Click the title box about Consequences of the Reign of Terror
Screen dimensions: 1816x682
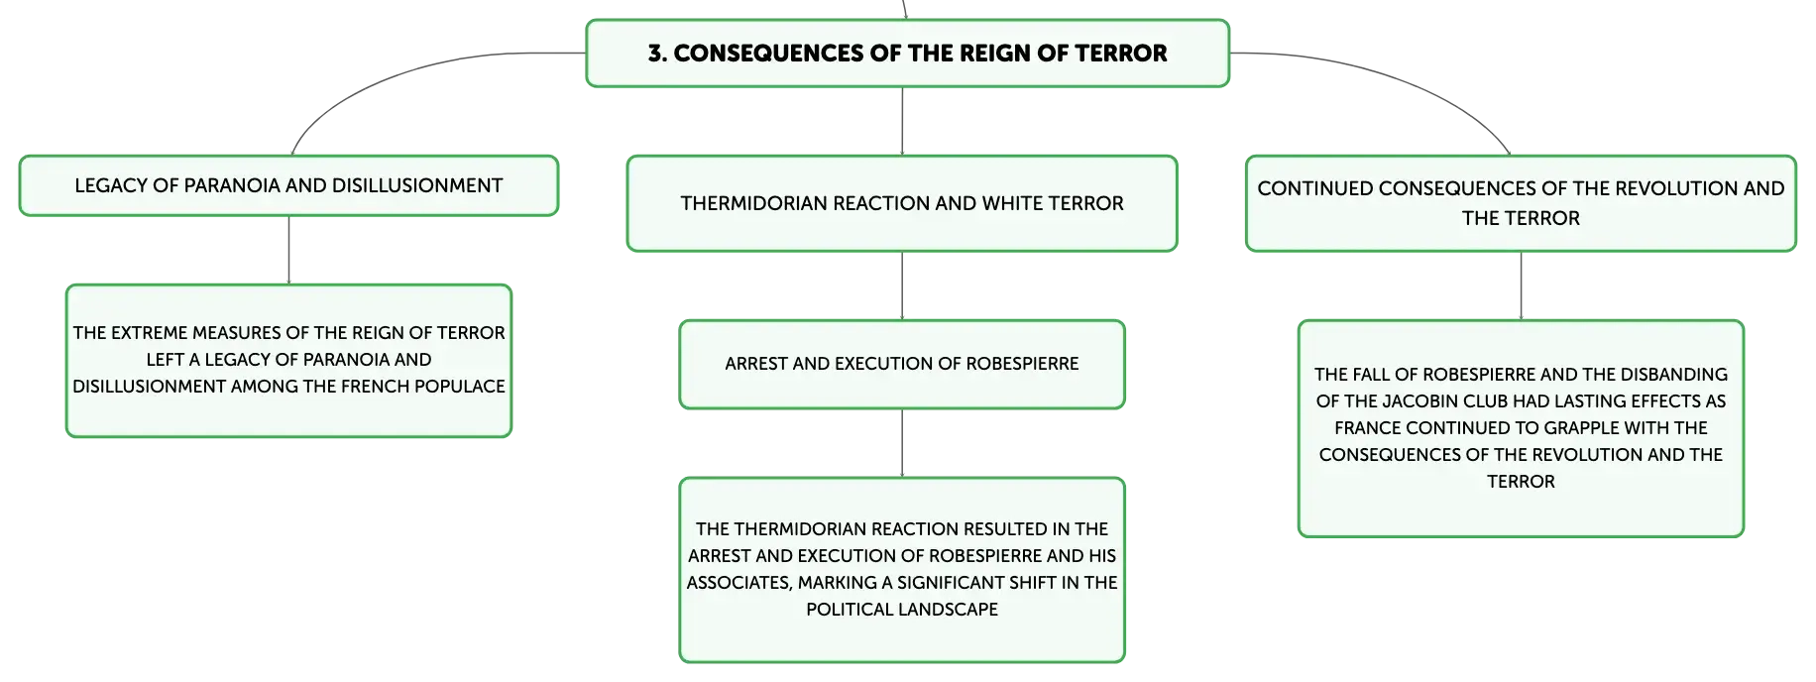point(907,54)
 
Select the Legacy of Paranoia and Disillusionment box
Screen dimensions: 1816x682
point(288,185)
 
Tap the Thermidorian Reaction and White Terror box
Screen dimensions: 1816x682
point(902,203)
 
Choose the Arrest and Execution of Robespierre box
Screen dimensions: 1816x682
point(902,364)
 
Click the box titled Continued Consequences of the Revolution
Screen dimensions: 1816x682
point(1521,203)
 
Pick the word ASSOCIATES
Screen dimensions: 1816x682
point(739,583)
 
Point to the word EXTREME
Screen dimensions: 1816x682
point(149,333)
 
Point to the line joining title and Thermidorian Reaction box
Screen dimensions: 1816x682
point(902,121)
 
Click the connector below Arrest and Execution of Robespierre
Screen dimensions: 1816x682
point(902,443)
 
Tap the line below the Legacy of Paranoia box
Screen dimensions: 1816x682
point(288,250)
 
